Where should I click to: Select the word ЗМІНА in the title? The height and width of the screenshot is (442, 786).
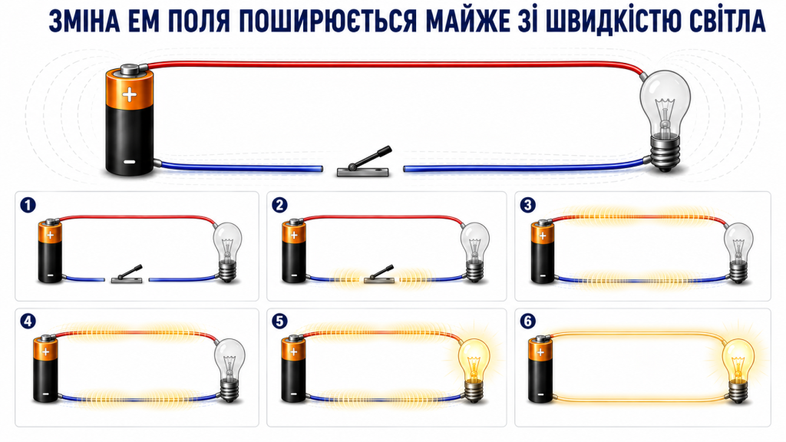[84, 21]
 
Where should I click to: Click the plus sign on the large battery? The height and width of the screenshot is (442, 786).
[129, 94]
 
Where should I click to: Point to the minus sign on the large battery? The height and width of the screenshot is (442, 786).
[129, 162]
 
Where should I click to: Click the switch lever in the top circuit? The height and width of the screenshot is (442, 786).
[371, 157]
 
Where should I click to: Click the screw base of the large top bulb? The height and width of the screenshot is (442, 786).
[665, 153]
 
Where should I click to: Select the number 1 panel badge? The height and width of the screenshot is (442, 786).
[28, 205]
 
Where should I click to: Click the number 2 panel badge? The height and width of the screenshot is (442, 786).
[279, 205]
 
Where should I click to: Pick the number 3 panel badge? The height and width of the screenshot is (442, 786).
[527, 205]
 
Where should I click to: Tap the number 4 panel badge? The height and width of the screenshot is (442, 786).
[28, 321]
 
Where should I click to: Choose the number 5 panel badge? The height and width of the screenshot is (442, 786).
[279, 321]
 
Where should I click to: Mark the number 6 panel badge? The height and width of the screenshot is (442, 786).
[527, 321]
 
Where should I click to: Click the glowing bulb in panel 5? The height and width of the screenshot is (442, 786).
[474, 370]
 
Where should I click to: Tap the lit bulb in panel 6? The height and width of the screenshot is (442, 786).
[738, 370]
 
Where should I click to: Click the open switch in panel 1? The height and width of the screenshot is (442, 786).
[127, 274]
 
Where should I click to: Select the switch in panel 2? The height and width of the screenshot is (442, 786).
[379, 274]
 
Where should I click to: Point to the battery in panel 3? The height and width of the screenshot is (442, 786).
[543, 252]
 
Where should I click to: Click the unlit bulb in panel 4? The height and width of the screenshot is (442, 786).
[230, 370]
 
